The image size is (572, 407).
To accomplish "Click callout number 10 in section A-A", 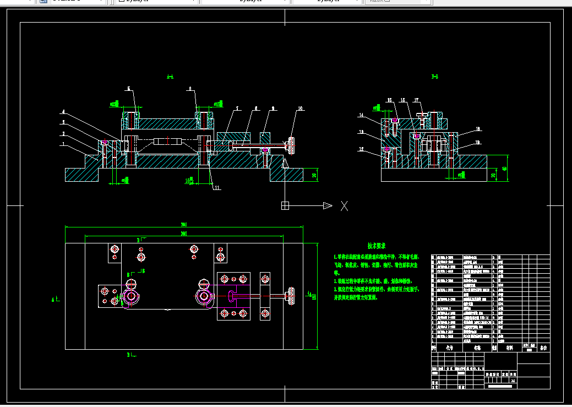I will coord(300,108).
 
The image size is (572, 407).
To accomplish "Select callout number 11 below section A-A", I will coord(217,188).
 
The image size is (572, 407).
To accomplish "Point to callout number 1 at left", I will coord(63,144).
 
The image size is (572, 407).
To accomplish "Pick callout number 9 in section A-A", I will coord(273,108).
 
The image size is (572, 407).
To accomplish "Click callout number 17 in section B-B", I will coord(417,100).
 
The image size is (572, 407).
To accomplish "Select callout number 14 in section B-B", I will coord(361,115).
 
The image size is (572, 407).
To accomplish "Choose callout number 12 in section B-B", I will coord(361,149).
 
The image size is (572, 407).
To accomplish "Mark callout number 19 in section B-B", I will coord(477,143).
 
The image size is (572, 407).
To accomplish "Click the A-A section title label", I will coord(170,77).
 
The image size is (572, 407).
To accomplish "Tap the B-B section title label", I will coord(434,76).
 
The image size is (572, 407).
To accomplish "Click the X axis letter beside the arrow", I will coord(345,206).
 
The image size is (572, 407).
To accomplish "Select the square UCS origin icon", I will coord(285,206).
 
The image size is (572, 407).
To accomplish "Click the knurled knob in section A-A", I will coord(291,146).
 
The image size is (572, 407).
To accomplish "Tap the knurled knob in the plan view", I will coord(290,296).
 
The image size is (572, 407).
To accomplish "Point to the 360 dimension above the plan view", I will coord(183,225).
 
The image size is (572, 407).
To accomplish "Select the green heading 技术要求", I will coord(377,246).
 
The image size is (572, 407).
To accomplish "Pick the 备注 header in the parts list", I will coord(543,348).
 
